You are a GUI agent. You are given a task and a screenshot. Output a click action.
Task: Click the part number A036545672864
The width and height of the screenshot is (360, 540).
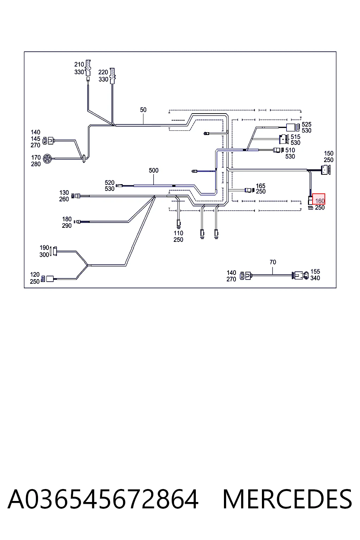point(103,499)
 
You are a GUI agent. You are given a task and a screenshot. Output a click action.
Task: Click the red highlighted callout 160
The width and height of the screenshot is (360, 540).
point(319,199)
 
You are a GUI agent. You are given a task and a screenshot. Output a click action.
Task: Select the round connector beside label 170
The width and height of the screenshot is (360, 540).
point(47,159)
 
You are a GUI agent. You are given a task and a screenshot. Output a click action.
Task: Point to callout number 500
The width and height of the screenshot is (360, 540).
point(154,171)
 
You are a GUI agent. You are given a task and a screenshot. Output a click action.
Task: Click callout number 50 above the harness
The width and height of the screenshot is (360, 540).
point(143,110)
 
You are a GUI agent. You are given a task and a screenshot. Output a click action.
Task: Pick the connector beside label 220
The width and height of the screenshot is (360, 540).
point(112,76)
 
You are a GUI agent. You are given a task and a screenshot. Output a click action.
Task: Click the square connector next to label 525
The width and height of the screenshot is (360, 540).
point(293,128)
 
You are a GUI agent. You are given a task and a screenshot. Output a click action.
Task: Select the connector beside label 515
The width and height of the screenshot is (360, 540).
point(284,139)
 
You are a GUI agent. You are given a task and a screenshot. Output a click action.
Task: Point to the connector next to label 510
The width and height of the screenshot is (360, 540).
point(278,150)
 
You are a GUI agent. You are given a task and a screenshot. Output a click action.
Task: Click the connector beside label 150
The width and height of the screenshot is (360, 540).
point(325,170)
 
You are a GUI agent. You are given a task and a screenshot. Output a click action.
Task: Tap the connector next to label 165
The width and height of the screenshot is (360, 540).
point(250,190)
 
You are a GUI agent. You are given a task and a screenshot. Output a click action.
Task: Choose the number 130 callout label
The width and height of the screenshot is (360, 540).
point(64,193)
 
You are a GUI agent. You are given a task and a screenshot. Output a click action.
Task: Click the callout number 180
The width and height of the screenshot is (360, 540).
point(67,219)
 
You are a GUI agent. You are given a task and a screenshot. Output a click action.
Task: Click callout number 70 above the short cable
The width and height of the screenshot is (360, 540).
point(273,262)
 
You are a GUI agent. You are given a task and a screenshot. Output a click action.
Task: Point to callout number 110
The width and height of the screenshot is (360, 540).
point(179,233)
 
